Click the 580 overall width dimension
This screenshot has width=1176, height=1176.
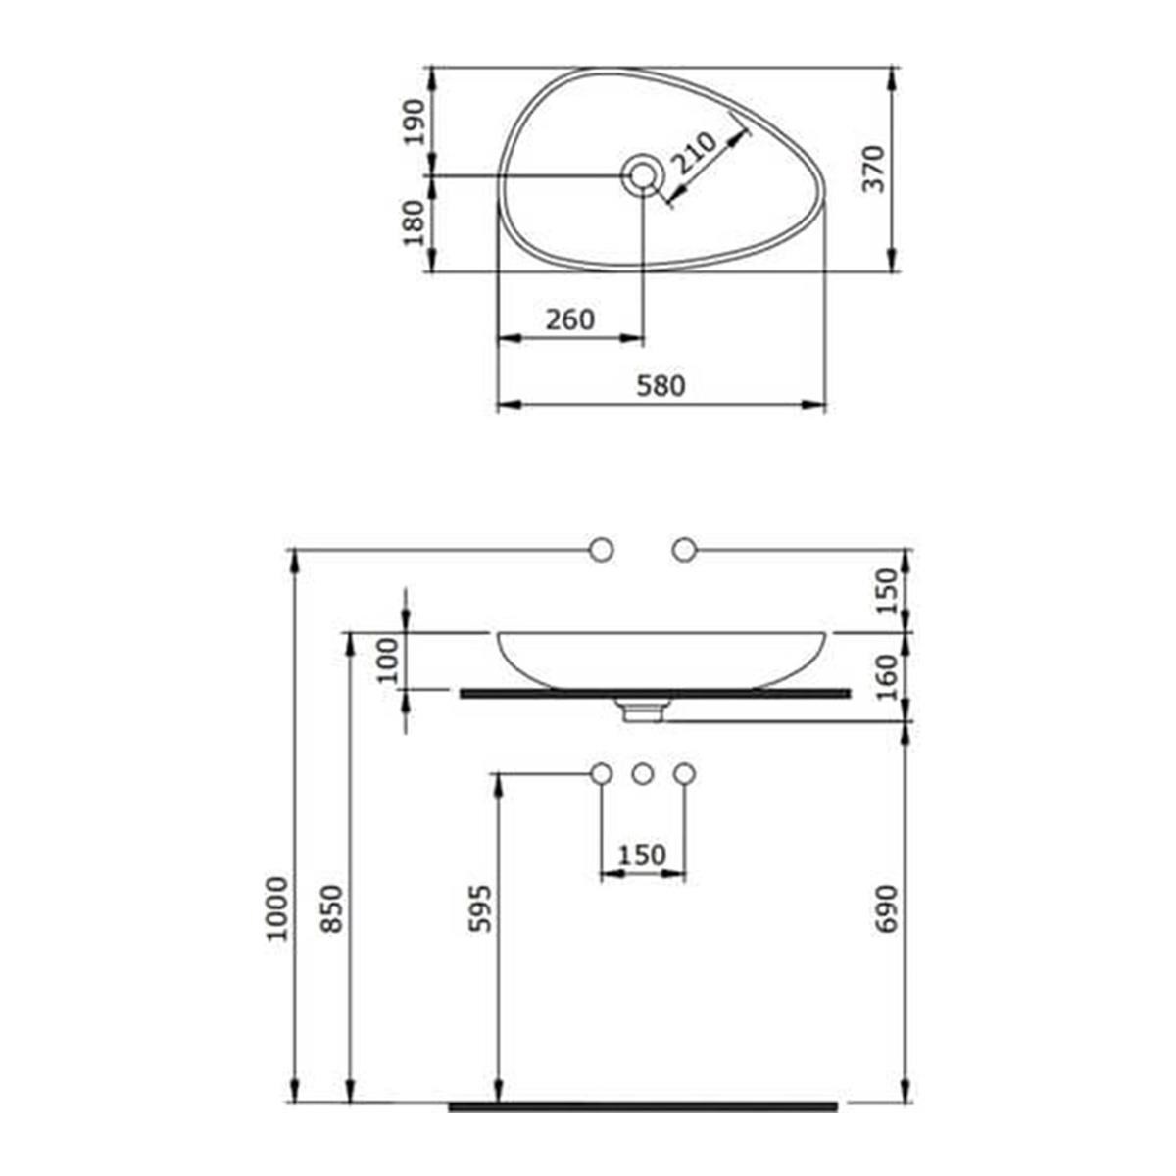661,386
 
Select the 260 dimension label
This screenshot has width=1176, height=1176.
569,319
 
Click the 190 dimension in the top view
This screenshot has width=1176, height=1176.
416,122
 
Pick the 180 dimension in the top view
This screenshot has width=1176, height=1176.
416,222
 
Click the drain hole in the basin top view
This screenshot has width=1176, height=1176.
643,176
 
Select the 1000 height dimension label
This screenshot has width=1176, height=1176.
279,908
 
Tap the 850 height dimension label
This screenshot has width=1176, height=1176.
333,908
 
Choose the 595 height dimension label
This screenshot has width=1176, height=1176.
482,908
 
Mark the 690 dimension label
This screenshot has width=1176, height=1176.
886,908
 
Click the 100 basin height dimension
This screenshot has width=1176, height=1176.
389,660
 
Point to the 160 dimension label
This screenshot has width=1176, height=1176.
886,676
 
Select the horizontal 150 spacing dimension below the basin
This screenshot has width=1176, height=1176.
642,856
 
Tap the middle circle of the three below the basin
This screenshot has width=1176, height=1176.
642,774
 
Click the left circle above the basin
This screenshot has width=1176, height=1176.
601,551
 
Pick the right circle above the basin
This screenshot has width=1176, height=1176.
684,551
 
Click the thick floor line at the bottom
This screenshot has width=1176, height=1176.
643,1106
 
